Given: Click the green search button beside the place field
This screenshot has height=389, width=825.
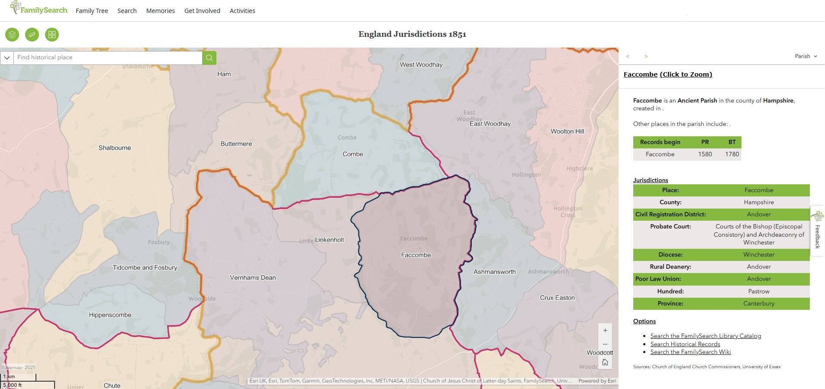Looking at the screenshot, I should tap(209, 58).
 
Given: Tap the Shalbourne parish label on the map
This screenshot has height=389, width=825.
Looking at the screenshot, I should tap(115, 148).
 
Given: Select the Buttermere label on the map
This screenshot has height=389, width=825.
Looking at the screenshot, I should tap(236, 144).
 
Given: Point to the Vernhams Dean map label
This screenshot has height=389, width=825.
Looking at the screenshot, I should tap(253, 277).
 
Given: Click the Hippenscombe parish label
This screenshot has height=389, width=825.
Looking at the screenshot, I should tap(110, 315).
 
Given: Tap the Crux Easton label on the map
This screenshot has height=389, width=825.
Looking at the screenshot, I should tap(557, 298).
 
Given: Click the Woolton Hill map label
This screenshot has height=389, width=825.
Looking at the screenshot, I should tap(567, 131).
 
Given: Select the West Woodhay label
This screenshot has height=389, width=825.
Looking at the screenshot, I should tap(421, 64).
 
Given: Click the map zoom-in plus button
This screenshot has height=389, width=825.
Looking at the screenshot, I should tap(605, 331).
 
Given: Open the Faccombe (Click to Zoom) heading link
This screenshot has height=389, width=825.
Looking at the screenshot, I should tap(667, 74).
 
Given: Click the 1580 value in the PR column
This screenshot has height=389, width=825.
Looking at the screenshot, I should tap(705, 154).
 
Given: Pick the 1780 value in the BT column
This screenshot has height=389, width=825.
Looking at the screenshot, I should tap(732, 154).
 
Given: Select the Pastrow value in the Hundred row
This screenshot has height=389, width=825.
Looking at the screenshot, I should tap(758, 291).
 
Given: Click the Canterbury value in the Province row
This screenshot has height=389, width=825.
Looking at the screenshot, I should tap(758, 303).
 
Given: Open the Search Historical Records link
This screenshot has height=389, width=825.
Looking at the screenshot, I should tap(685, 344).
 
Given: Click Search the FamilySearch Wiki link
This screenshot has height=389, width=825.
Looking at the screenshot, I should tap(690, 352).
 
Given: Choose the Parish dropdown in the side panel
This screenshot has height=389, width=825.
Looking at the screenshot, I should tap(806, 56).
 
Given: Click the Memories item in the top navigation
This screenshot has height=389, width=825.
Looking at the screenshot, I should tap(160, 11).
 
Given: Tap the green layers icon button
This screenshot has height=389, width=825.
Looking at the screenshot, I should tap(12, 35).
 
